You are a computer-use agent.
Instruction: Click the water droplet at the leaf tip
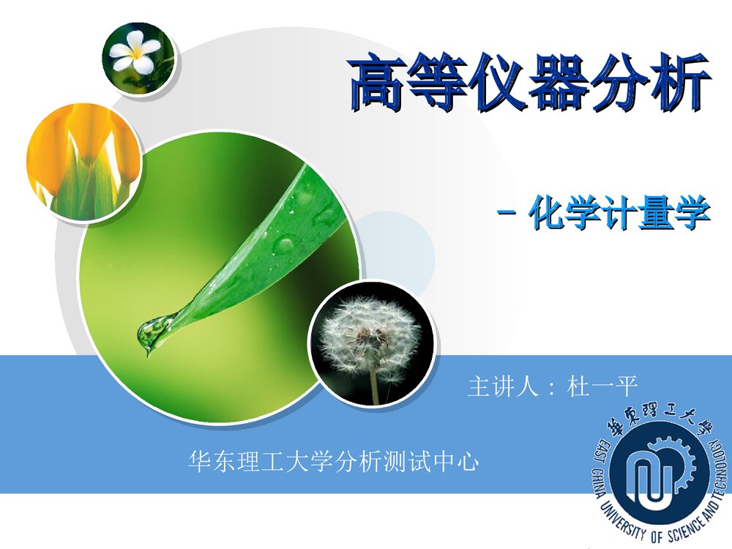point(152,337)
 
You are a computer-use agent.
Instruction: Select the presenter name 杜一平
point(603,386)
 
